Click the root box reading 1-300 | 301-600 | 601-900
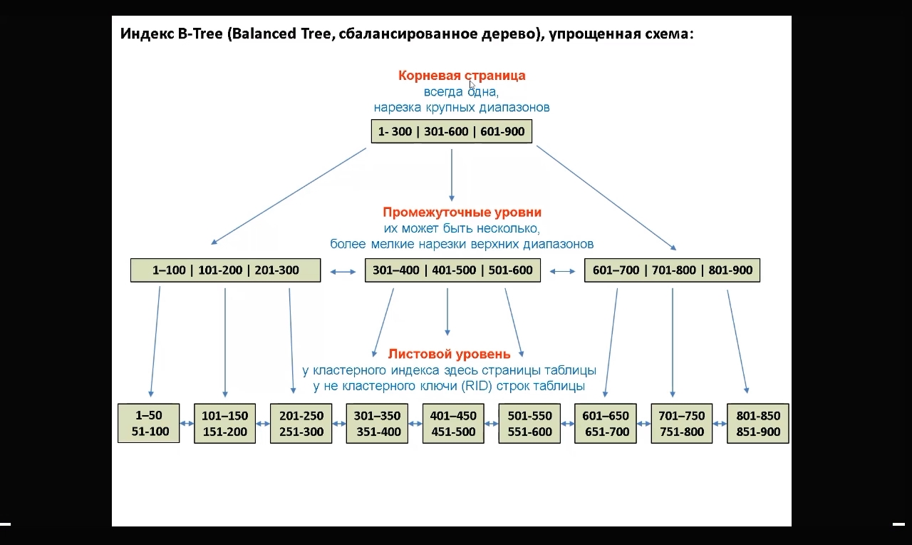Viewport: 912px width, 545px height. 452,132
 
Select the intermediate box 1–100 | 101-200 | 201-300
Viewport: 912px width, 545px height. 225,270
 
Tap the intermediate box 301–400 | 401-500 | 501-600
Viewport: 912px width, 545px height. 452,270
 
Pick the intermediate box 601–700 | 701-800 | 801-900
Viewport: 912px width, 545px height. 672,270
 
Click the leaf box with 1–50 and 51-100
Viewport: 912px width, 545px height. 148,423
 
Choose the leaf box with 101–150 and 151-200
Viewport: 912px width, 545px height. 224,423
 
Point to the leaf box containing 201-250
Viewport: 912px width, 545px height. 301,423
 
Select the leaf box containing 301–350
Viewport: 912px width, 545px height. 377,423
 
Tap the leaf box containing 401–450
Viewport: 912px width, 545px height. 453,423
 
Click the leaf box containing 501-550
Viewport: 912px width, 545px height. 529,423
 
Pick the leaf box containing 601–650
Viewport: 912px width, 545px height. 606,423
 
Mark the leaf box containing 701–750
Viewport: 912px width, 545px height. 682,423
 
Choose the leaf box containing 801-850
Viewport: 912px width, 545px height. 758,423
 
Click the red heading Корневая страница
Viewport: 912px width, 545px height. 462,76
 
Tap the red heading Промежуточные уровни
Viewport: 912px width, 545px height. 462,213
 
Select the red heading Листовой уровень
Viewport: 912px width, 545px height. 449,354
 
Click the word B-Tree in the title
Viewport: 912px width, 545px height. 202,34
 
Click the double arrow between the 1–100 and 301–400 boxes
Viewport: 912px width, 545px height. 343,271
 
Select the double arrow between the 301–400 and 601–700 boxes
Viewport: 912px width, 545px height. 562,271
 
